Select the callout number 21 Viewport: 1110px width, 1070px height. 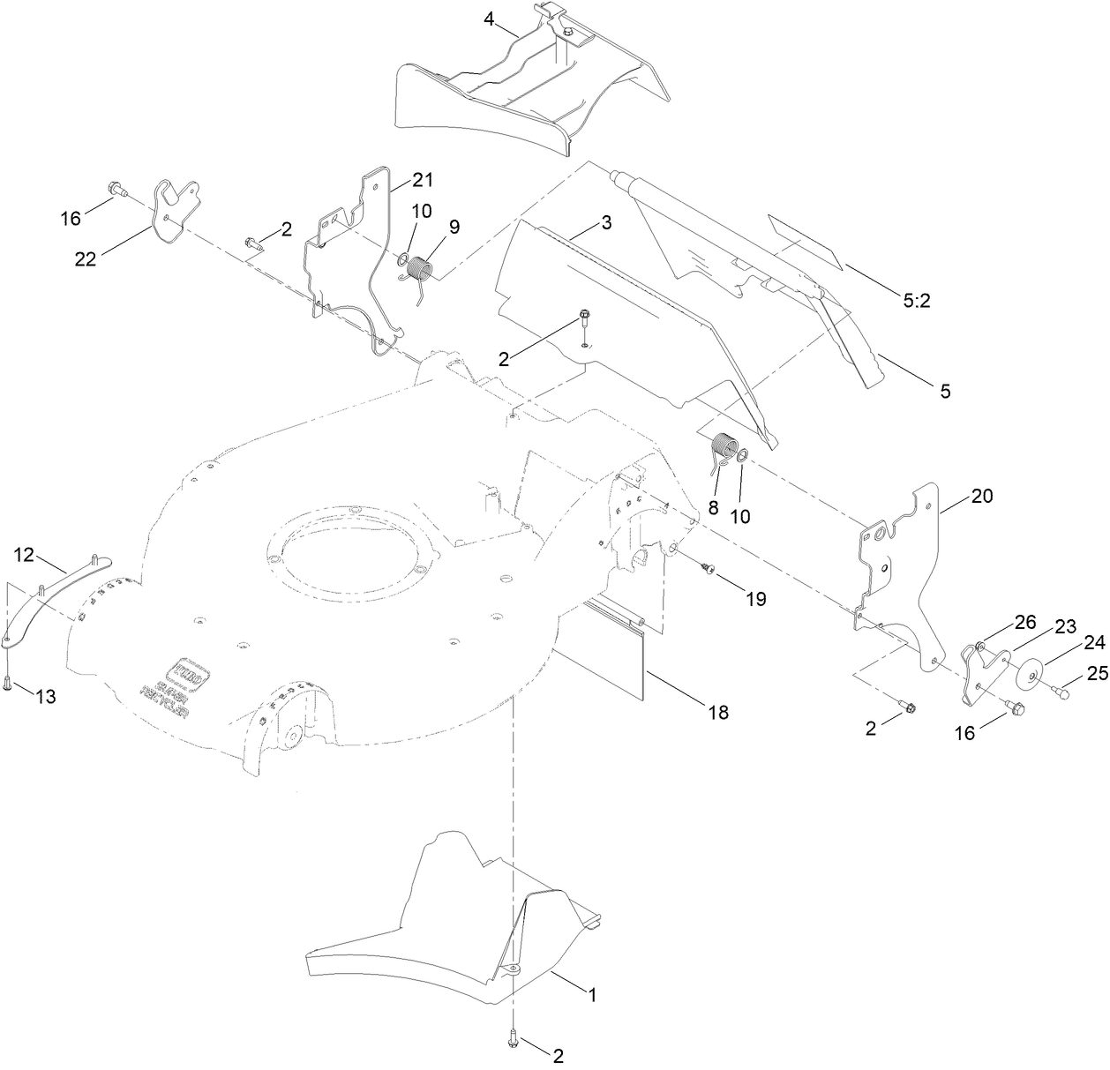(423, 180)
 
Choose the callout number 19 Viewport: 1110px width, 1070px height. (754, 599)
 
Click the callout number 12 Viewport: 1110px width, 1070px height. (25, 554)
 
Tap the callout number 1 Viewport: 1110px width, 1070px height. (593, 995)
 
